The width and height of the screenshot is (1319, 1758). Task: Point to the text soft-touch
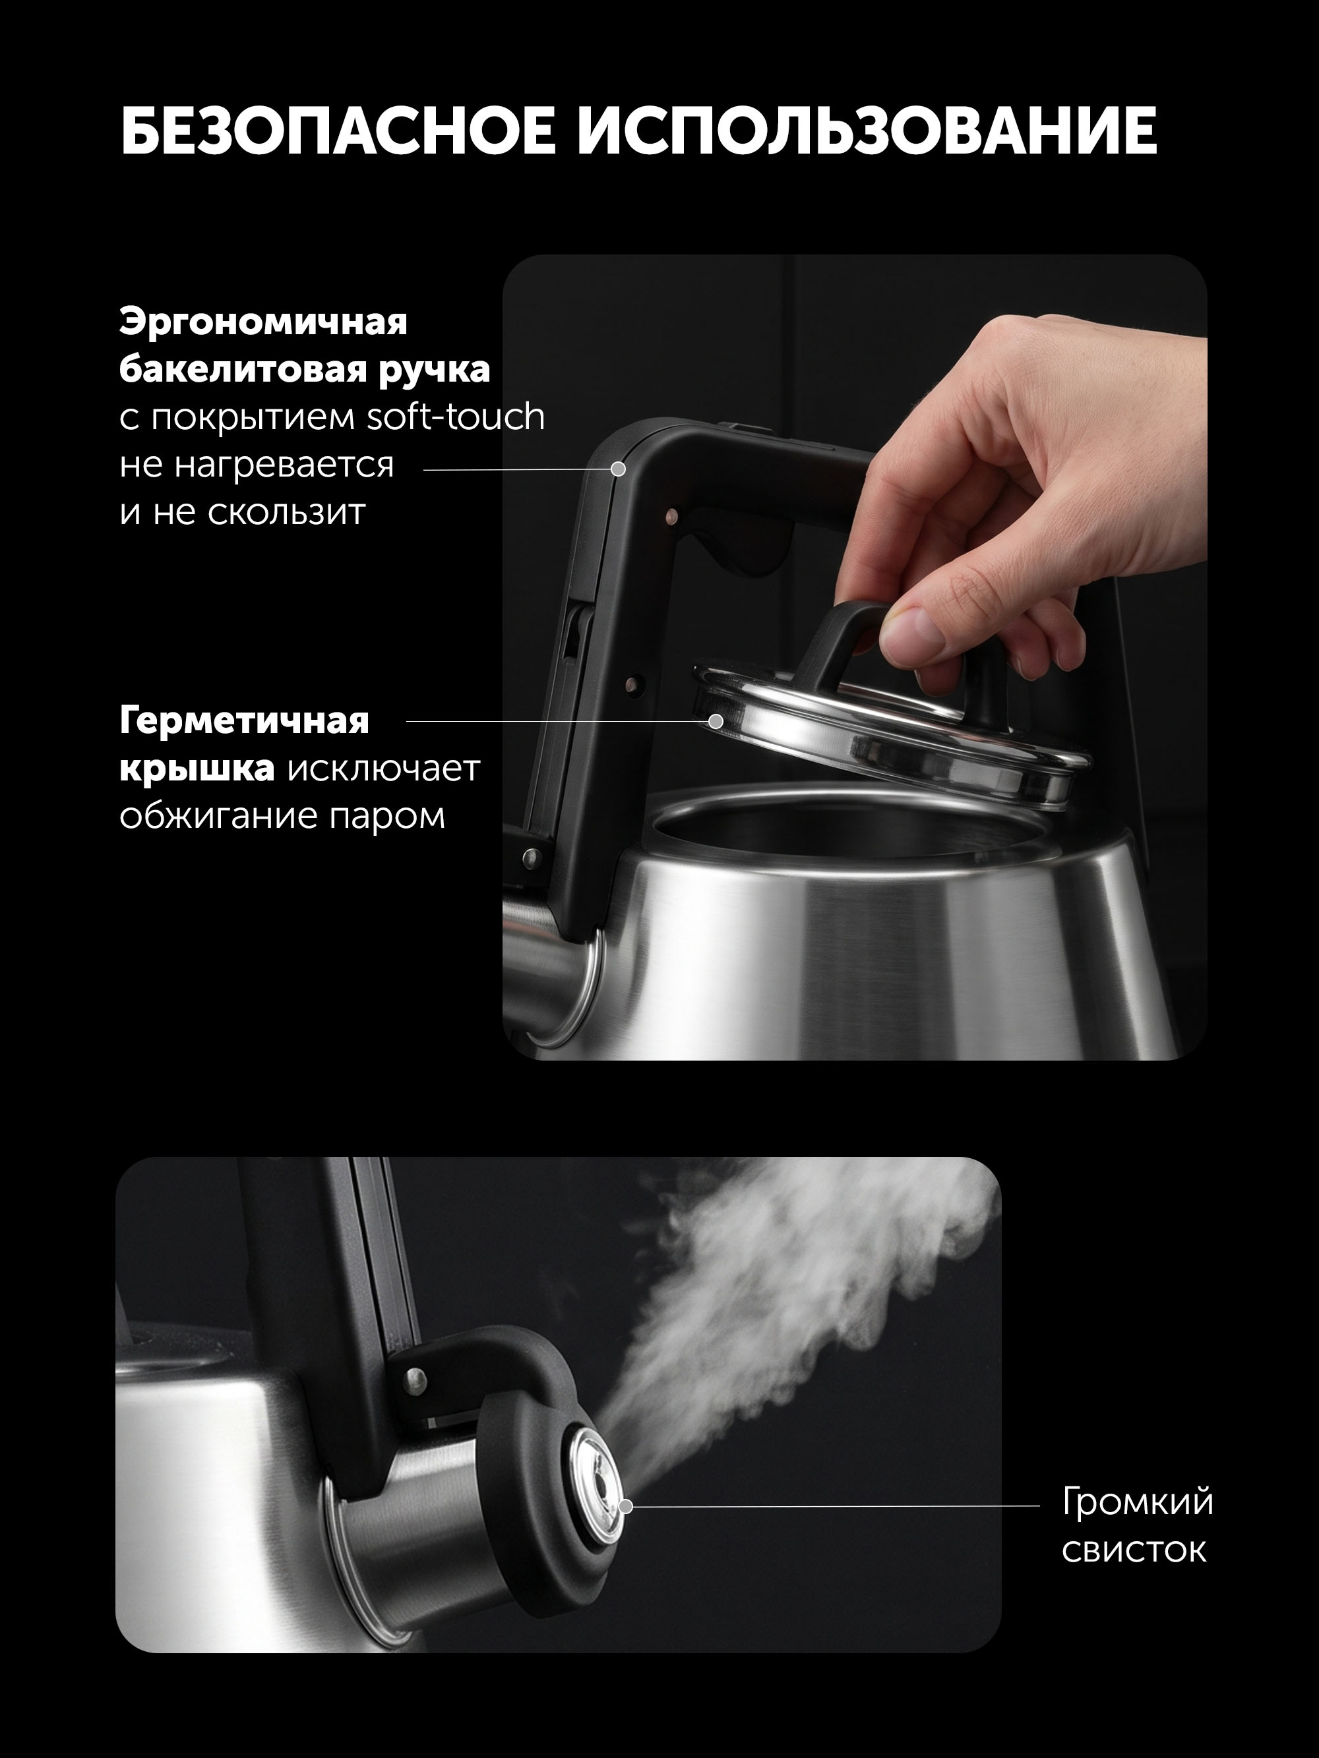(x=456, y=417)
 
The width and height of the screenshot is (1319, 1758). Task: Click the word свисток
(x=1134, y=1550)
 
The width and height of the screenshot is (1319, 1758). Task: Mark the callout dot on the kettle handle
(x=618, y=469)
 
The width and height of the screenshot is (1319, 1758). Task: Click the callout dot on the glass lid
(x=716, y=722)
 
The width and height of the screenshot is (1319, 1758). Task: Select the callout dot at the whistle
(x=626, y=1506)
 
